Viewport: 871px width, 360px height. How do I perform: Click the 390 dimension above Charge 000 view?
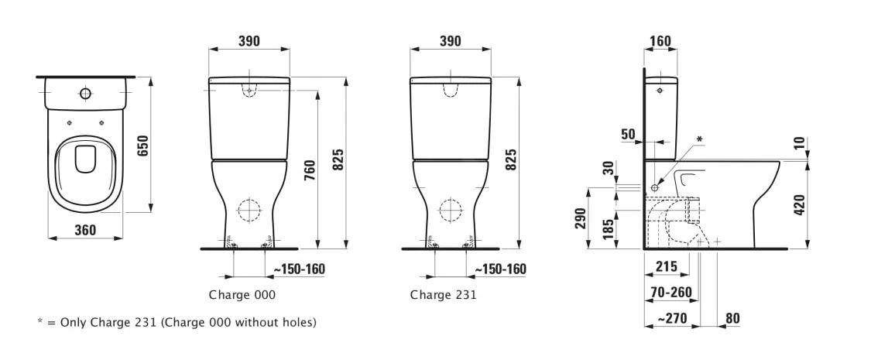coord(249,40)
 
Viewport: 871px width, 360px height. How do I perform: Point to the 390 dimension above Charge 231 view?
coord(450,40)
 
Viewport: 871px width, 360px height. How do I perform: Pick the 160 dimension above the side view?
coord(660,40)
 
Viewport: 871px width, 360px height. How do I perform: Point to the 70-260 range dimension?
coord(670,292)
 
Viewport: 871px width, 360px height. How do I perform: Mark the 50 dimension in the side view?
coord(627,134)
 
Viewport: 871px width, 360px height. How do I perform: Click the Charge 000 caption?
coord(242,295)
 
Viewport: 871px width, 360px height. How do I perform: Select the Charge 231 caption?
coord(443,295)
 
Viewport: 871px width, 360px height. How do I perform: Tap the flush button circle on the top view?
coord(84,94)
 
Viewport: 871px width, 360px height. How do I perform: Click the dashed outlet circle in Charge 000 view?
coord(249,211)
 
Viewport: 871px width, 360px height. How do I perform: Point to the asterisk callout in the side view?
coord(699,139)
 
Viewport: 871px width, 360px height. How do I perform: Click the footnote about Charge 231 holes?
coord(177,322)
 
